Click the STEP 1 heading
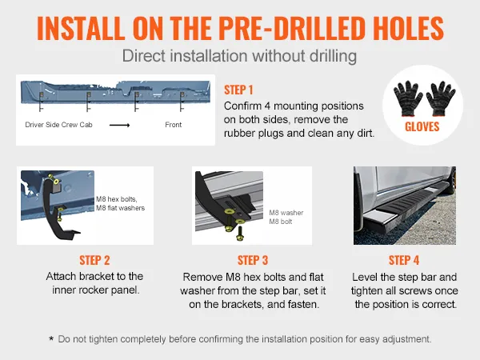click(238, 90)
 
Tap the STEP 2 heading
click(94, 261)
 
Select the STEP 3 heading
click(253, 261)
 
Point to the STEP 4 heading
click(404, 261)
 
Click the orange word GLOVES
click(422, 126)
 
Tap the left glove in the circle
click(408, 98)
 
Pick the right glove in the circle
click(441, 98)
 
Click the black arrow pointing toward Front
click(120, 125)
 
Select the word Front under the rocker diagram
click(174, 125)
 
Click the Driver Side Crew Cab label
click(58, 125)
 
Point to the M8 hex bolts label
click(117, 199)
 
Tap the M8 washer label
click(286, 213)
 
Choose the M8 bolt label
click(281, 222)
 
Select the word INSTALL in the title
click(81, 28)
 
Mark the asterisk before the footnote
click(51, 338)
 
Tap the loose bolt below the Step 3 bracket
click(240, 234)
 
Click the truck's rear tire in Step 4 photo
click(452, 181)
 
